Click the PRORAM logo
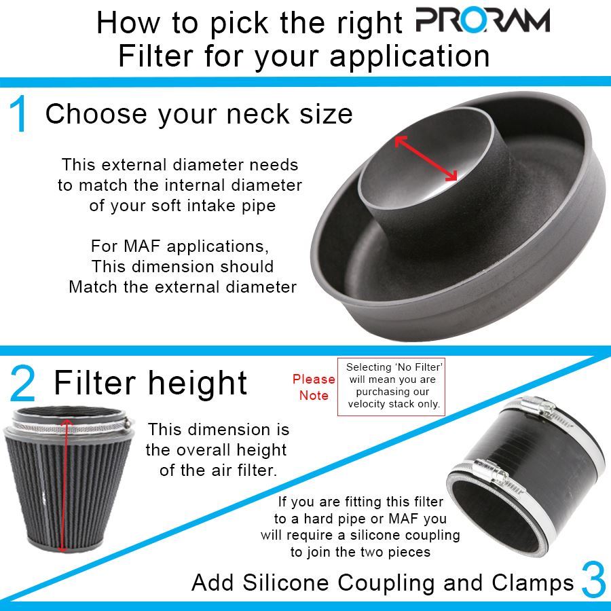tap(482, 22)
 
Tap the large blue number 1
tap(20, 115)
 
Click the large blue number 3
tap(593, 581)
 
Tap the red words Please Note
tap(314, 387)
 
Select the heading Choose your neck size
tap(199, 114)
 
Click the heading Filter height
tap(150, 383)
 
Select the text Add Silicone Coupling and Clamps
tap(382, 582)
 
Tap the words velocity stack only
tap(394, 404)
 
